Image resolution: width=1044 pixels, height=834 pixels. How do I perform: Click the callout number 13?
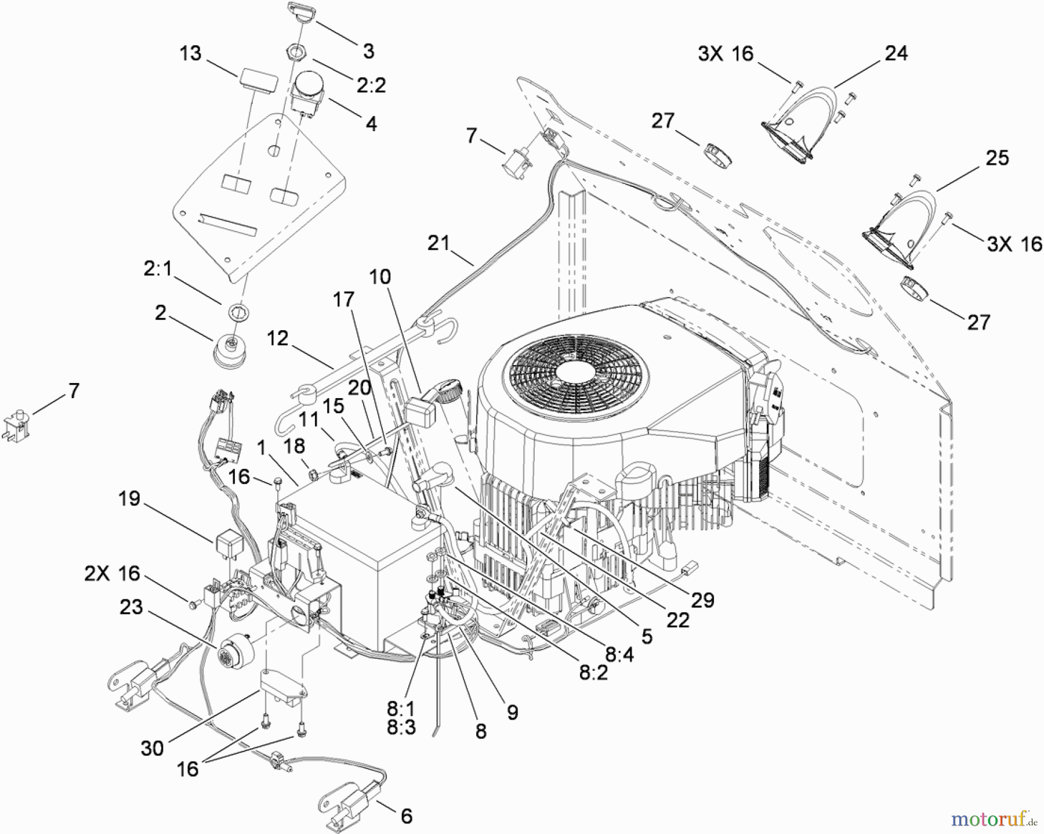[x=190, y=53]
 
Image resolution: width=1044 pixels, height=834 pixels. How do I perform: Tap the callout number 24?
[x=896, y=53]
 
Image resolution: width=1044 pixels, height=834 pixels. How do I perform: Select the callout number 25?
[x=997, y=158]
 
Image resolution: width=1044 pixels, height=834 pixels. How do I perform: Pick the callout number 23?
[x=131, y=607]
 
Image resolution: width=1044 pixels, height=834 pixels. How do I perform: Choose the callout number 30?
[x=152, y=748]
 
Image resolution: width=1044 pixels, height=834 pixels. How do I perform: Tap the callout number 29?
[x=702, y=600]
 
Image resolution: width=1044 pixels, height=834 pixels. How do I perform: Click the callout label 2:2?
[x=371, y=85]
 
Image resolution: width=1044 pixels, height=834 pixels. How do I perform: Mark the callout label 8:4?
[x=619, y=655]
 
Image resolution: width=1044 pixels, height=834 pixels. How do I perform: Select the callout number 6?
[x=407, y=816]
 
